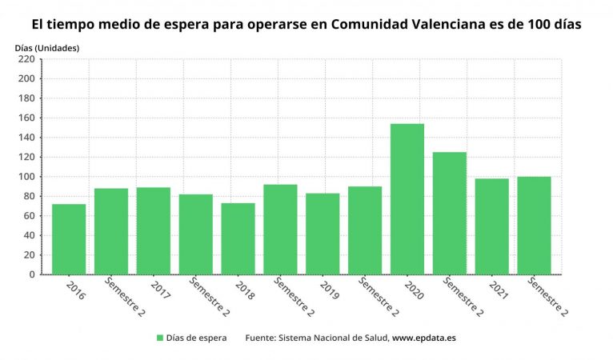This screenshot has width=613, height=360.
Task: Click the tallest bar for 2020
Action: (x=407, y=199)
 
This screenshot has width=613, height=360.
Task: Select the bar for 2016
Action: (x=69, y=239)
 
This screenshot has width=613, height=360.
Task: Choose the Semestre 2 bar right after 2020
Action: (x=449, y=214)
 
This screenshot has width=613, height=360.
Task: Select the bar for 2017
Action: (x=153, y=231)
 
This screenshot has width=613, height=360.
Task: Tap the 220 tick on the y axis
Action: (x=26, y=59)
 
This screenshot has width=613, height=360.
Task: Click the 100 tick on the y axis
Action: (x=26, y=177)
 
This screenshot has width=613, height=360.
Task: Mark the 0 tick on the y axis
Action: (x=32, y=274)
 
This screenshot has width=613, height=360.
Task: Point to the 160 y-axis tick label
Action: (x=26, y=118)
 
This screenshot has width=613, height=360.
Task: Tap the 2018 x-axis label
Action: (x=246, y=289)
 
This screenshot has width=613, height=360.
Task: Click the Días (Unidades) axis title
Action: (x=47, y=48)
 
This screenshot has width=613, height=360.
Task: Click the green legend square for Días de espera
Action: (x=160, y=338)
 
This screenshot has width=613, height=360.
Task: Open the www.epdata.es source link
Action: (x=424, y=338)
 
